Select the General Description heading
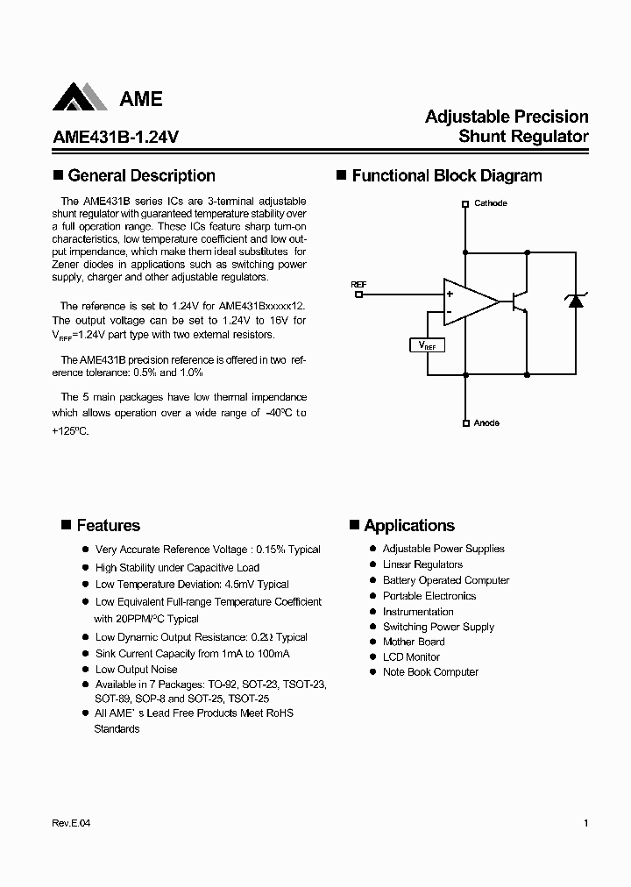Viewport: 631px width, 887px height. (x=141, y=176)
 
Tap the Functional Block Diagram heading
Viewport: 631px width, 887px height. (x=447, y=176)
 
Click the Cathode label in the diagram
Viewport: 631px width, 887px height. (x=490, y=203)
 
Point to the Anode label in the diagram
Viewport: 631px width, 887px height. (x=486, y=423)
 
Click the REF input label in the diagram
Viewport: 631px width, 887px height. (x=358, y=285)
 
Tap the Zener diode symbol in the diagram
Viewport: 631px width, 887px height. (x=575, y=301)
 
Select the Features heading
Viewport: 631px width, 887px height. (x=108, y=526)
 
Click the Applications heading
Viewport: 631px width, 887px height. (x=409, y=526)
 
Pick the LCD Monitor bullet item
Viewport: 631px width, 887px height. (x=411, y=656)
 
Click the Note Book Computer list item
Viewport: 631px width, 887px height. (x=430, y=672)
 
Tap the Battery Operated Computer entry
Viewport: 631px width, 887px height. (x=445, y=580)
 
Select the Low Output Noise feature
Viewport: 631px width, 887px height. (x=136, y=670)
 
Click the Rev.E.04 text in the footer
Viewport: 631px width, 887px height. (x=72, y=823)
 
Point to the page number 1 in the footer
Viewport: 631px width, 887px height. (x=585, y=823)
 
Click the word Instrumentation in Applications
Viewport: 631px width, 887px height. (x=418, y=612)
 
